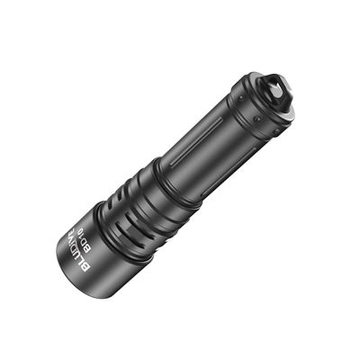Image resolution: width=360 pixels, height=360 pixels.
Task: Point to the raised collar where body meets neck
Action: [176, 193]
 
